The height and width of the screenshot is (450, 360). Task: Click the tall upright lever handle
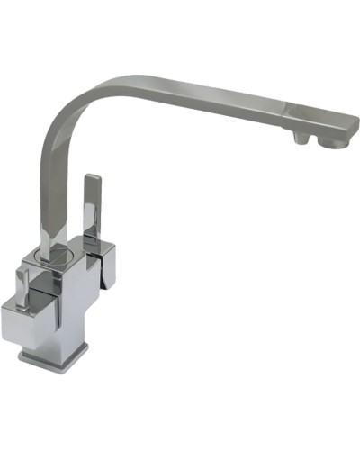coord(92,207)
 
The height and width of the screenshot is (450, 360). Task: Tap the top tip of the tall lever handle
coord(90,179)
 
